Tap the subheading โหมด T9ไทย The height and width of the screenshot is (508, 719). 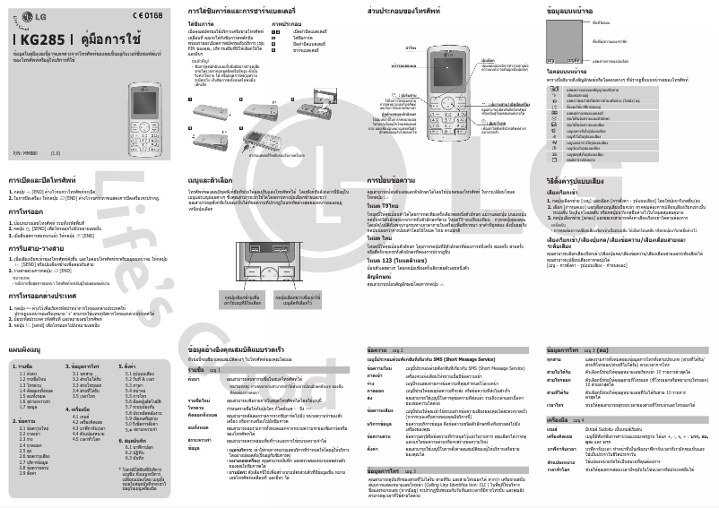383,205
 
